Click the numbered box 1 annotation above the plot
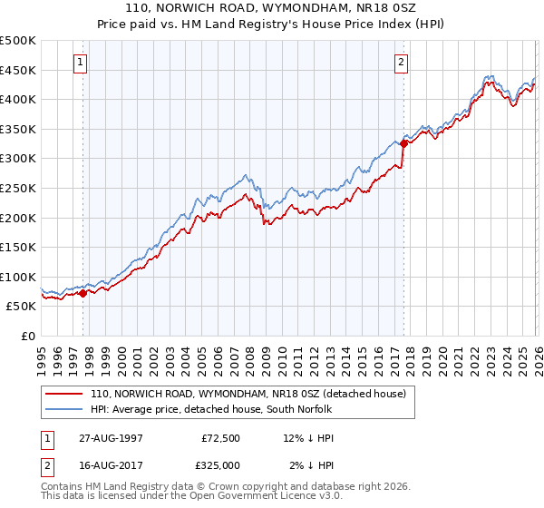pyautogui.click(x=82, y=63)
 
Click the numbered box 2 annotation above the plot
pyautogui.click(x=401, y=63)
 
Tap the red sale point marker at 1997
pyautogui.click(x=83, y=293)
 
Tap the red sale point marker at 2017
pyautogui.click(x=403, y=143)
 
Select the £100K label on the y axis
pyautogui.click(x=18, y=277)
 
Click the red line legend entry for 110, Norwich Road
pyautogui.click(x=253, y=394)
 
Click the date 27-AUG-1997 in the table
pyautogui.click(x=111, y=437)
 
